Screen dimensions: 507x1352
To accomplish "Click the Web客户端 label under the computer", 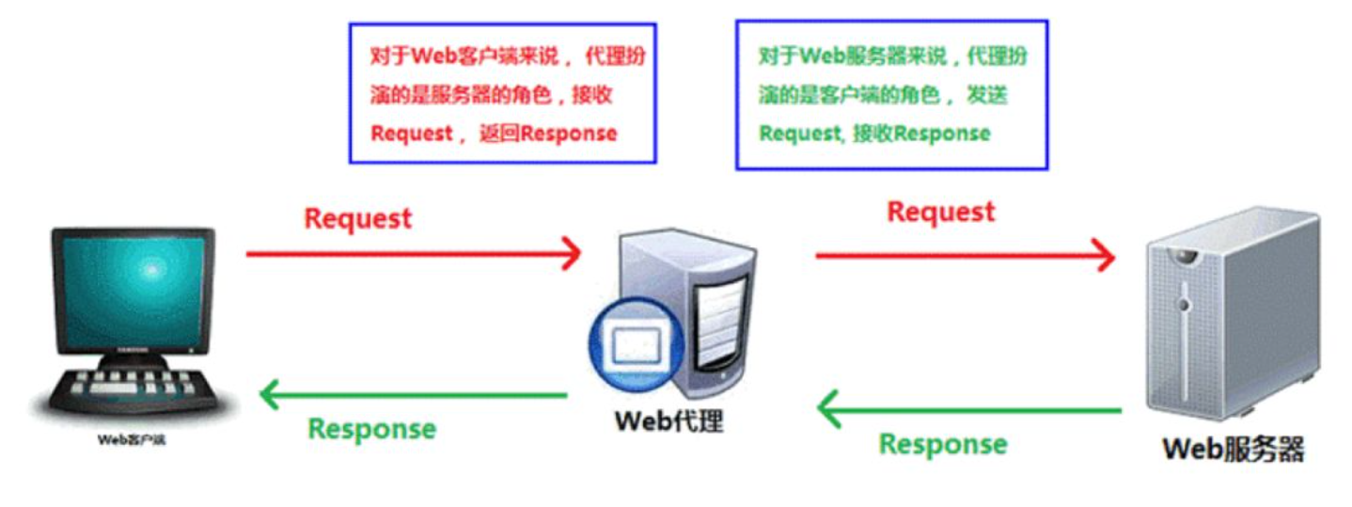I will click(x=132, y=438).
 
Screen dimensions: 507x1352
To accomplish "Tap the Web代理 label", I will click(x=669, y=420).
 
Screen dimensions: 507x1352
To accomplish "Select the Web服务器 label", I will click(x=1233, y=449).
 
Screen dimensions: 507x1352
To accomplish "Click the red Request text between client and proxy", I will click(x=358, y=218).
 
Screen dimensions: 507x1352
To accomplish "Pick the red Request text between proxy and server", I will click(x=941, y=212).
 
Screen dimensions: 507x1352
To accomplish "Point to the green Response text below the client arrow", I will click(x=372, y=429).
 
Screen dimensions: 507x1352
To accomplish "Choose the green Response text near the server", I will click(x=943, y=443).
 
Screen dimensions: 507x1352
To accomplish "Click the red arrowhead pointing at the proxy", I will click(x=572, y=253).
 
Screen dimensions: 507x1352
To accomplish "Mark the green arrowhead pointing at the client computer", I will click(x=270, y=395).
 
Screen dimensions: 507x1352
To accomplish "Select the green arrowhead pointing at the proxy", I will click(x=828, y=410).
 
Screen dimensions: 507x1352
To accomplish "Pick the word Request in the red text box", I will click(x=412, y=134).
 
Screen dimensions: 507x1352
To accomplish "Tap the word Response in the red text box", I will click(x=569, y=134).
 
